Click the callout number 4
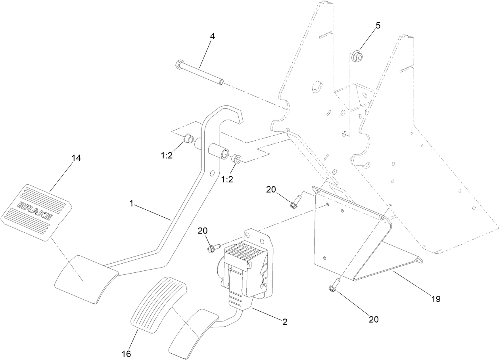pyautogui.click(x=212, y=36)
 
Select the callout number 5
pyautogui.click(x=378, y=26)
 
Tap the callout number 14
pyautogui.click(x=76, y=158)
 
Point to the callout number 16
pyautogui.click(x=126, y=354)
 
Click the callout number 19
pyautogui.click(x=436, y=299)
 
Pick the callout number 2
pyautogui.click(x=284, y=322)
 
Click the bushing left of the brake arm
pyautogui.click(x=188, y=139)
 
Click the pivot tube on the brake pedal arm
pyautogui.click(x=220, y=152)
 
